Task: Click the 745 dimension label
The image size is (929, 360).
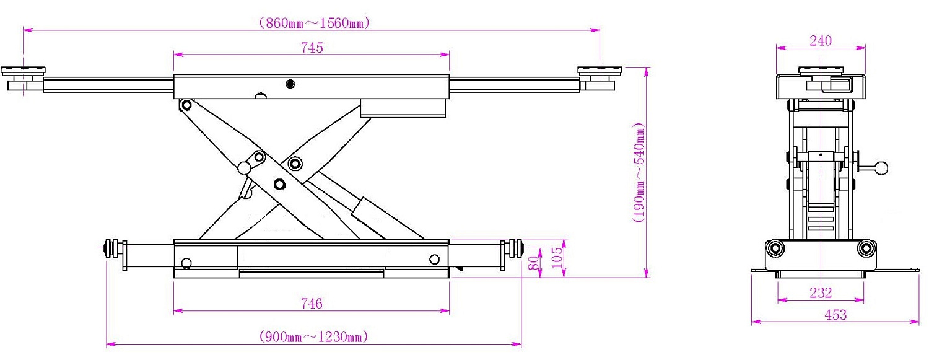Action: click(x=312, y=48)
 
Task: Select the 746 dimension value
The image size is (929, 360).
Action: click(x=312, y=304)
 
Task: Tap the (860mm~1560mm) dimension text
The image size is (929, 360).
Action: click(x=313, y=23)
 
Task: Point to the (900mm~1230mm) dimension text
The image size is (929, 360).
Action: click(x=313, y=336)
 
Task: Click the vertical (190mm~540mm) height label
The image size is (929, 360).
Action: click(x=639, y=172)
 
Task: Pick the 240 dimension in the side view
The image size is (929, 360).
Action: click(x=821, y=41)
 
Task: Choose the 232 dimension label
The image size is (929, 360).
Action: click(x=821, y=293)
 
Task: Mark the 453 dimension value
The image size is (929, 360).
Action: click(x=835, y=315)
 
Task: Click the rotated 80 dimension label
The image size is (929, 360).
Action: click(x=534, y=262)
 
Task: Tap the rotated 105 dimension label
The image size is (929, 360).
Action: click(x=557, y=257)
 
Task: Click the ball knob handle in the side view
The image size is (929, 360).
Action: click(x=881, y=169)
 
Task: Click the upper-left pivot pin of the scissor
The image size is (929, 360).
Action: click(x=186, y=105)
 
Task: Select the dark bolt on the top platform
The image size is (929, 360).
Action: click(x=290, y=84)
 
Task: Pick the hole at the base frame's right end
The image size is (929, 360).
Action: click(x=434, y=259)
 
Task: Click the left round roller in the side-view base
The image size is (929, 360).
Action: click(x=774, y=248)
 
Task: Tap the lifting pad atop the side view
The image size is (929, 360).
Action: click(x=821, y=71)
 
